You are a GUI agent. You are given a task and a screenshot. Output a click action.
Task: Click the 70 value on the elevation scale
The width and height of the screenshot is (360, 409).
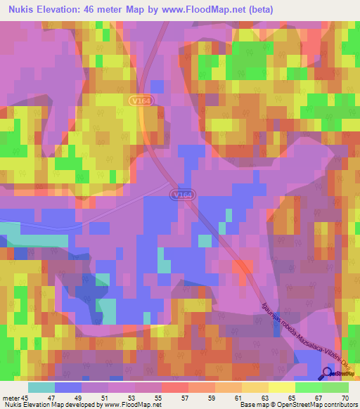(345, 398)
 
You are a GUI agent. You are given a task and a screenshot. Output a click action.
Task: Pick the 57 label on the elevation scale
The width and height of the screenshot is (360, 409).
(185, 398)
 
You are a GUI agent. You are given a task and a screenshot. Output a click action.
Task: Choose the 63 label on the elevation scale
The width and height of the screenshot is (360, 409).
(264, 398)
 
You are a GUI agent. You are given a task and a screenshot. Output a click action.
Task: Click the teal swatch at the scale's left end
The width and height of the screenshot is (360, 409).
(41, 387)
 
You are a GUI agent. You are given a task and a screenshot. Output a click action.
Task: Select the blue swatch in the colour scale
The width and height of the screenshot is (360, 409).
(67, 387)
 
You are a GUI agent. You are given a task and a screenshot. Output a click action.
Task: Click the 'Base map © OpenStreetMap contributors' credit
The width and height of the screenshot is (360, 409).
(295, 405)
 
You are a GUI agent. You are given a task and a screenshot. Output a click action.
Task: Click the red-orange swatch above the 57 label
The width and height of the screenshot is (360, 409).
(174, 387)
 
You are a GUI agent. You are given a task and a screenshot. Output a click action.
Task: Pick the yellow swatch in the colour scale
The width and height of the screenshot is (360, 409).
(281, 387)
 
